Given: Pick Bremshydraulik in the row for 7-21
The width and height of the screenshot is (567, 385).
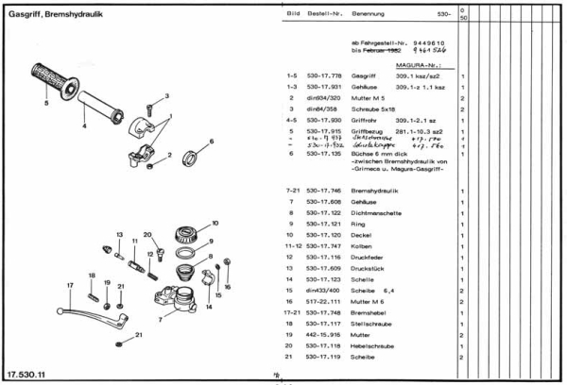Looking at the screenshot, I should pos(374,191).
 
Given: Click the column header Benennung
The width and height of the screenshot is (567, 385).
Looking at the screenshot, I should pos(369,16).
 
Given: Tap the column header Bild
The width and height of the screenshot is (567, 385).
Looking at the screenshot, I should pos(292,16).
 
